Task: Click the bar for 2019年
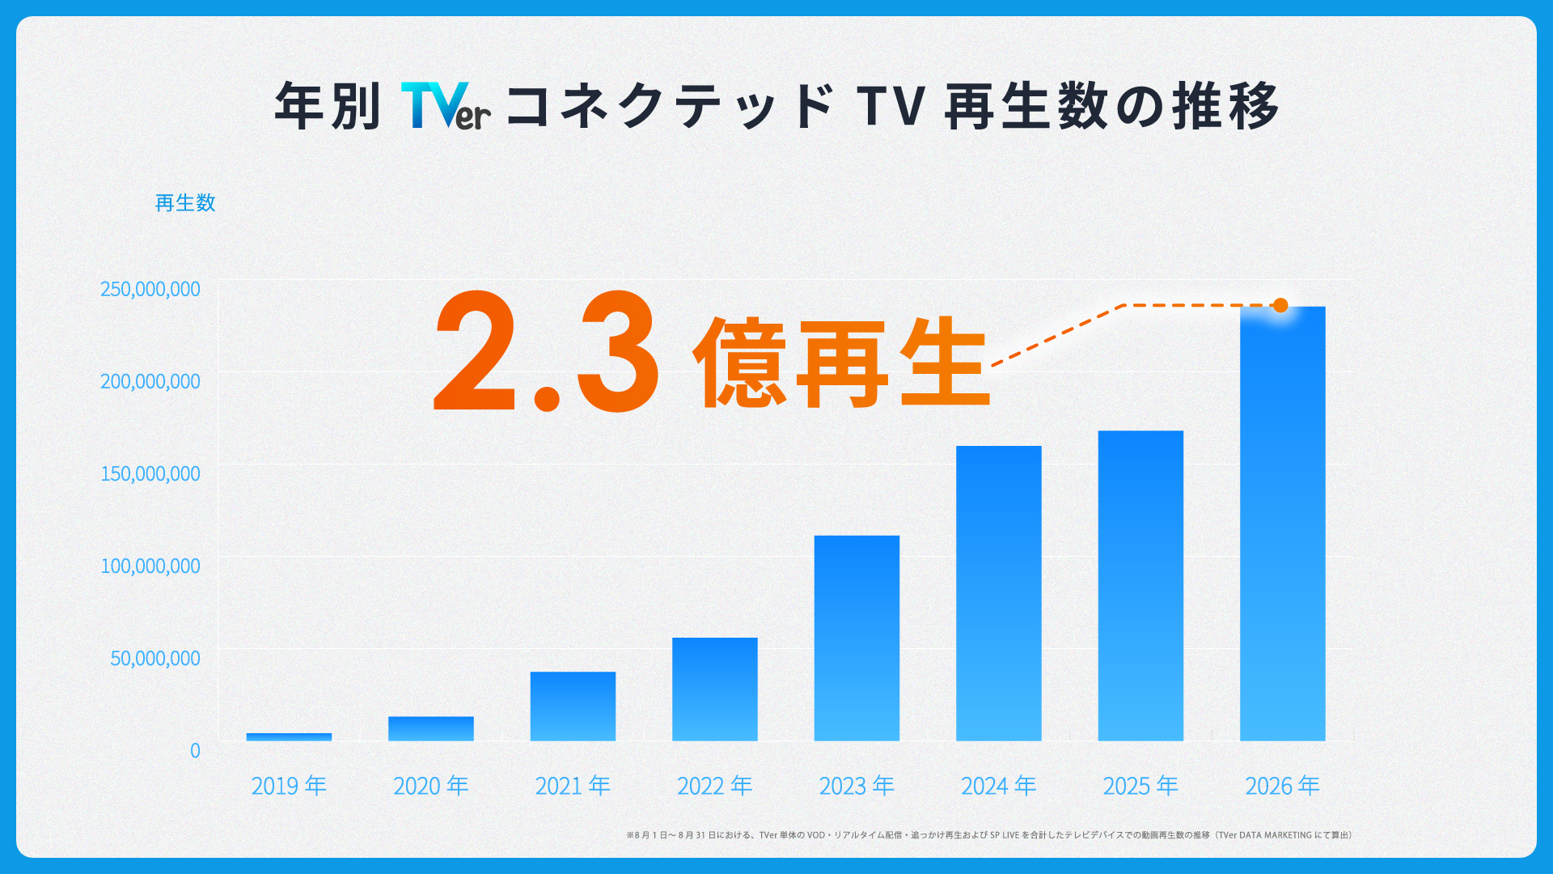[289, 736]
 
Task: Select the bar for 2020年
[431, 728]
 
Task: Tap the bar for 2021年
[573, 706]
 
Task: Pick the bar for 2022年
[715, 689]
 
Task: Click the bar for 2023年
[857, 638]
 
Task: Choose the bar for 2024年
[999, 593]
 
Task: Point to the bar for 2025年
[1140, 585]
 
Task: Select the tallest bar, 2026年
[1283, 524]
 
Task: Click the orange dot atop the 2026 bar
[1280, 305]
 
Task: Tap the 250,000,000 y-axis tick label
[150, 289]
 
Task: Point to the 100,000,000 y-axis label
[150, 566]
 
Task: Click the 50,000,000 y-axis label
[155, 658]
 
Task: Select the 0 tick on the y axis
[195, 750]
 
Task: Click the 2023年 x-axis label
[857, 786]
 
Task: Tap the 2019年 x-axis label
[289, 786]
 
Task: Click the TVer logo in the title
[446, 106]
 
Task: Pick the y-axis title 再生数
[185, 202]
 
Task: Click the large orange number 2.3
[547, 351]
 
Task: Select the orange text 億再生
[842, 362]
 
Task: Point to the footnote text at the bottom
[989, 835]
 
